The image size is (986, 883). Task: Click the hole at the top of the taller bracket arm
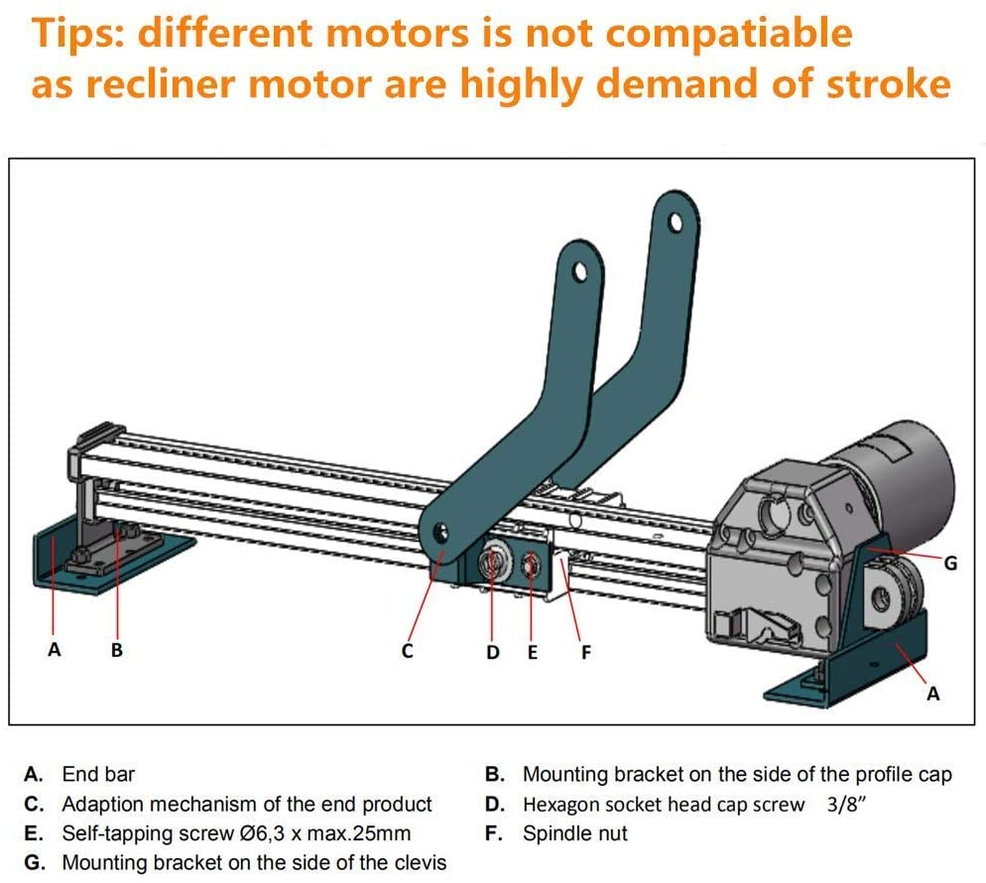(x=678, y=221)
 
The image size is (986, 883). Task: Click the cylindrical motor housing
(x=898, y=466)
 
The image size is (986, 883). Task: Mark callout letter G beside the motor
(x=950, y=563)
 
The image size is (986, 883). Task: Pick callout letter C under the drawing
(x=407, y=652)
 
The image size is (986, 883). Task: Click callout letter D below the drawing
(x=493, y=652)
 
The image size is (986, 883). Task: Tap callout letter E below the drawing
(x=533, y=652)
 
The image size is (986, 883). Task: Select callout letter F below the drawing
(x=585, y=652)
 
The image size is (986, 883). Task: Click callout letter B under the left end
(x=117, y=651)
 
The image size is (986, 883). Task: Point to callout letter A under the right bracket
(x=932, y=694)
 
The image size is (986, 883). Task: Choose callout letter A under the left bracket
(x=55, y=651)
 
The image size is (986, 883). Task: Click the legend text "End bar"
(x=98, y=774)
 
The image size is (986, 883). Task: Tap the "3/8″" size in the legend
(x=847, y=805)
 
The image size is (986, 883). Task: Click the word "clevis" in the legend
(x=418, y=863)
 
